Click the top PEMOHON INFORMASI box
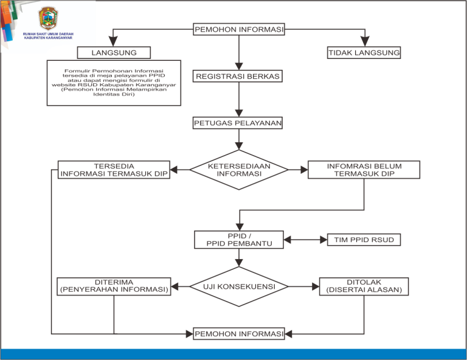(x=239, y=29)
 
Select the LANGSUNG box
(x=114, y=53)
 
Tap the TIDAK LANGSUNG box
(x=364, y=53)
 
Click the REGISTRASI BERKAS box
(x=238, y=76)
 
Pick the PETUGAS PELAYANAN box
(x=238, y=123)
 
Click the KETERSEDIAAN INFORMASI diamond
(x=239, y=170)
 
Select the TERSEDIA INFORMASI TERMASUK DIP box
(x=114, y=170)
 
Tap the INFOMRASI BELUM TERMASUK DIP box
(x=364, y=170)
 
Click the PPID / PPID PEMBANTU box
(x=239, y=240)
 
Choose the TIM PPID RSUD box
(x=364, y=240)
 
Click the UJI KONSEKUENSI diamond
(x=239, y=286)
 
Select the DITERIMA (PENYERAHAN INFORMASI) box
(x=114, y=286)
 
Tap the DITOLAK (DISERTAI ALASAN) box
(x=364, y=286)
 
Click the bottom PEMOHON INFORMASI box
(x=239, y=334)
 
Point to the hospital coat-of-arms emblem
(x=48, y=18)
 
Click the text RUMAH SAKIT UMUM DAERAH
(x=48, y=34)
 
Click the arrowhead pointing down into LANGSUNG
(x=113, y=41)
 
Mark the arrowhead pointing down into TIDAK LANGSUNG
(x=365, y=41)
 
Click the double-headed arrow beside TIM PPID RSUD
(x=305, y=240)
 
